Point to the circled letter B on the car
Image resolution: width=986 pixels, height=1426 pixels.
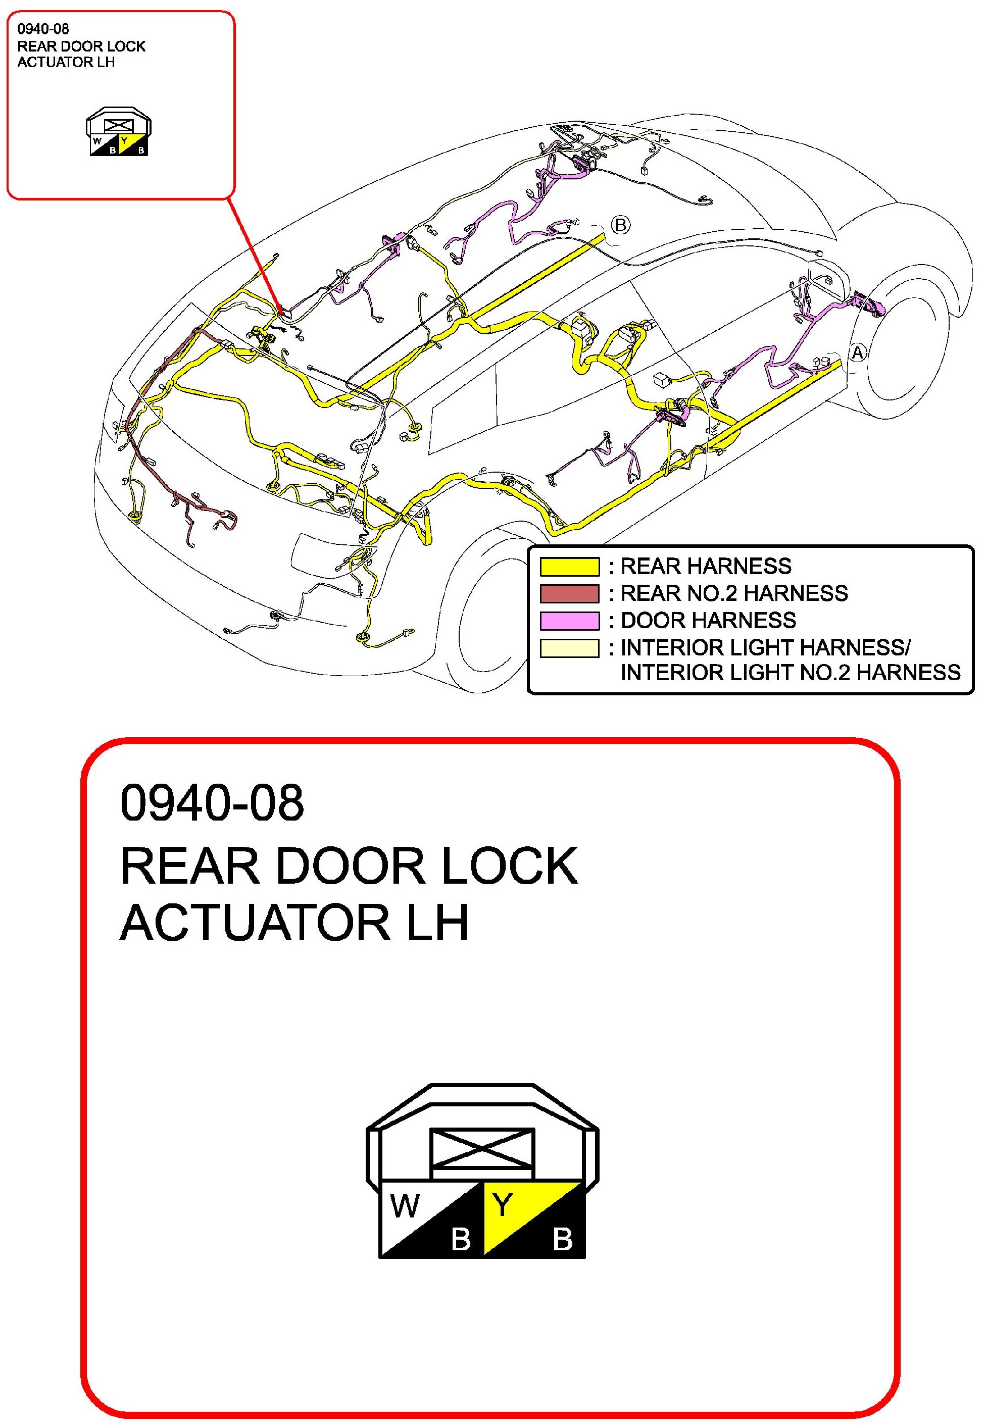[x=621, y=225]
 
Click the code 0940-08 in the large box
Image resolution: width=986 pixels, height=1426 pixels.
[x=212, y=803]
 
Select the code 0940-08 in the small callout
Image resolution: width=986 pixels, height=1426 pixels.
[x=43, y=28]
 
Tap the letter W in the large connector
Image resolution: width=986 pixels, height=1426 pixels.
[x=405, y=1206]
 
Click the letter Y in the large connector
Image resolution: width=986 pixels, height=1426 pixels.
[x=503, y=1205]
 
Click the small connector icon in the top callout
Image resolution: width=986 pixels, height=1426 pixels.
[x=118, y=132]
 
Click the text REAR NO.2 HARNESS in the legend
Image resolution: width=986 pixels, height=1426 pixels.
[x=734, y=593]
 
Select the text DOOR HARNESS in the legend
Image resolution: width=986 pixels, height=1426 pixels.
[x=708, y=621]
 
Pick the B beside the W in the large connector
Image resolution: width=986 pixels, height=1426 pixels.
[x=461, y=1240]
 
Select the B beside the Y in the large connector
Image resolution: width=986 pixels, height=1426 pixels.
[x=562, y=1240]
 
